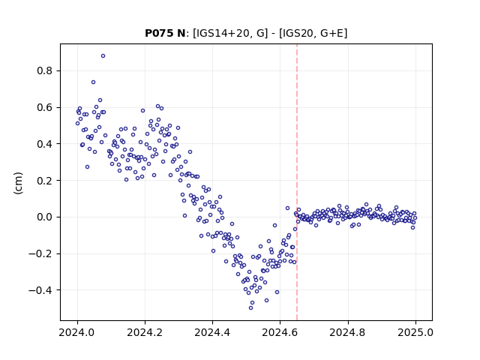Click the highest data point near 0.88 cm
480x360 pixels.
pos(103,56)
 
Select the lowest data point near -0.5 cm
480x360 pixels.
pos(250,308)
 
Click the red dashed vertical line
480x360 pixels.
pos(297,182)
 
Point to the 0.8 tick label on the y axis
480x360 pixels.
pos(45,71)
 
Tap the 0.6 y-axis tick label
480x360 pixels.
pos(45,108)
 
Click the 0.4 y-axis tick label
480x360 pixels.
pos(45,144)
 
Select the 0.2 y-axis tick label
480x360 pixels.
pos(45,181)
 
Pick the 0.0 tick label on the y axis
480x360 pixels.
pos(45,217)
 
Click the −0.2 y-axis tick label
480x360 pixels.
pos(40,253)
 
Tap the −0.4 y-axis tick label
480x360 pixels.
pos(40,290)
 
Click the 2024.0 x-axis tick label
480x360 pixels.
pos(77,332)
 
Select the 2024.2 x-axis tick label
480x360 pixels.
pos(145,332)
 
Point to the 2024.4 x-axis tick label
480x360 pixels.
pos(212,332)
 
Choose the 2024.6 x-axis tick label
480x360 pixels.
pos(280,332)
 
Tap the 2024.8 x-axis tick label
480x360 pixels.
pos(348,332)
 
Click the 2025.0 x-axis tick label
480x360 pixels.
pos(415,332)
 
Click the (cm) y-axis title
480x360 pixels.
pos(18,183)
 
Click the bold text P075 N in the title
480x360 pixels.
pos(165,33)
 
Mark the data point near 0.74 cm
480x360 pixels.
pos(93,82)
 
